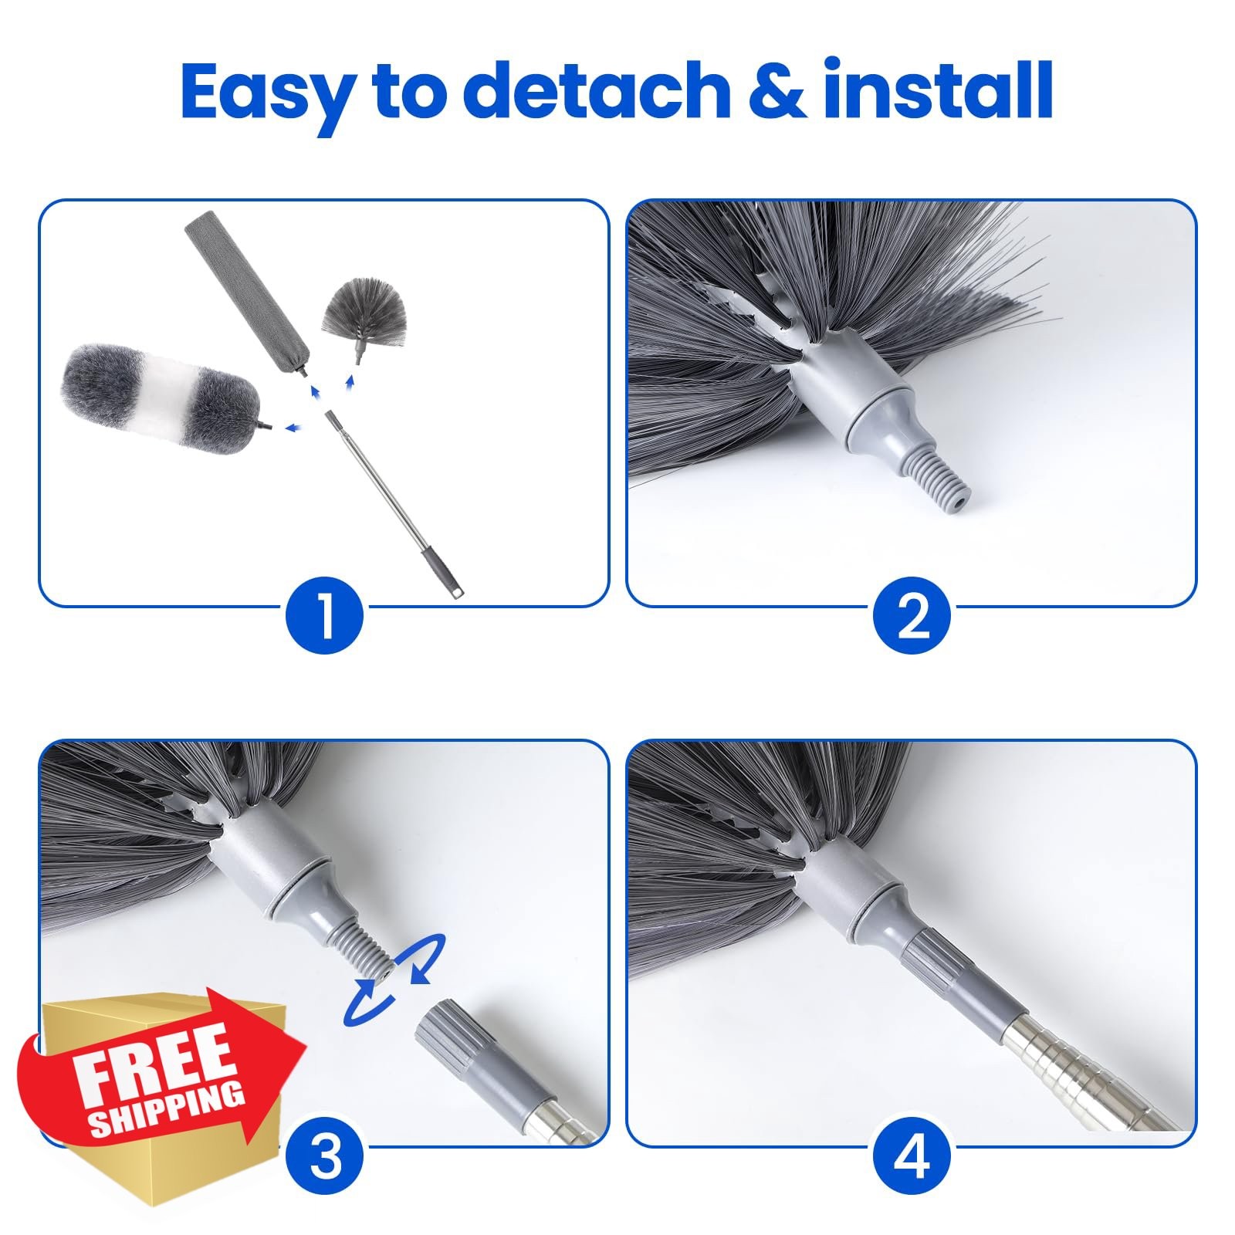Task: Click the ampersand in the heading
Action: (x=777, y=90)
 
